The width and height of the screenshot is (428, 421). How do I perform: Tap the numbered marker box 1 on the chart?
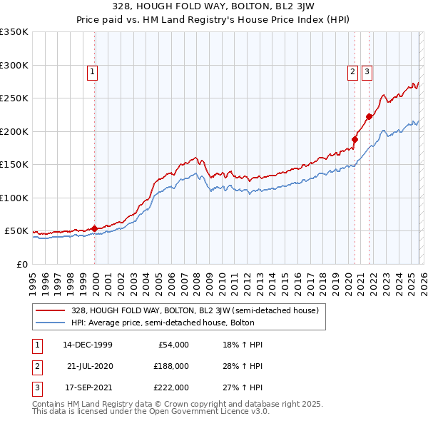[x=93, y=71]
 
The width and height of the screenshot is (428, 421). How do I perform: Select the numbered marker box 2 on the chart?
[x=353, y=71]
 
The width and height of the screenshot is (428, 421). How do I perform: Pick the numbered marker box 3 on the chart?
[x=367, y=71]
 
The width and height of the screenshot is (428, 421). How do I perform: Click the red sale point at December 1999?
[x=95, y=228]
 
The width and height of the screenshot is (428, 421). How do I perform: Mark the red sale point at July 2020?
[x=355, y=140]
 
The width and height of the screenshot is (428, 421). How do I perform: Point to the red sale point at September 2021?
[x=369, y=117]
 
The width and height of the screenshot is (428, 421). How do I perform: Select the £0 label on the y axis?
[x=21, y=264]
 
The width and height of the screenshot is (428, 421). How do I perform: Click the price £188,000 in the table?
[x=170, y=366]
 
